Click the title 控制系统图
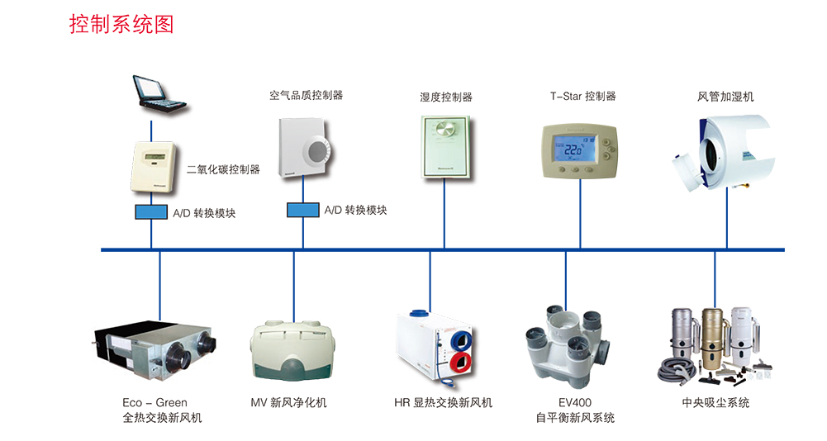[121, 24]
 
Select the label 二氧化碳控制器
[223, 169]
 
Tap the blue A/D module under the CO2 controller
[152, 211]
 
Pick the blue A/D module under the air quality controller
[303, 210]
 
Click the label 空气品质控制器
[306, 96]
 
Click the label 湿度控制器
[445, 97]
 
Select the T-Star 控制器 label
[583, 96]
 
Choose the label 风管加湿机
[725, 97]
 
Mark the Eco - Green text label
[155, 402]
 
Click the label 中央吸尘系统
[715, 402]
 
